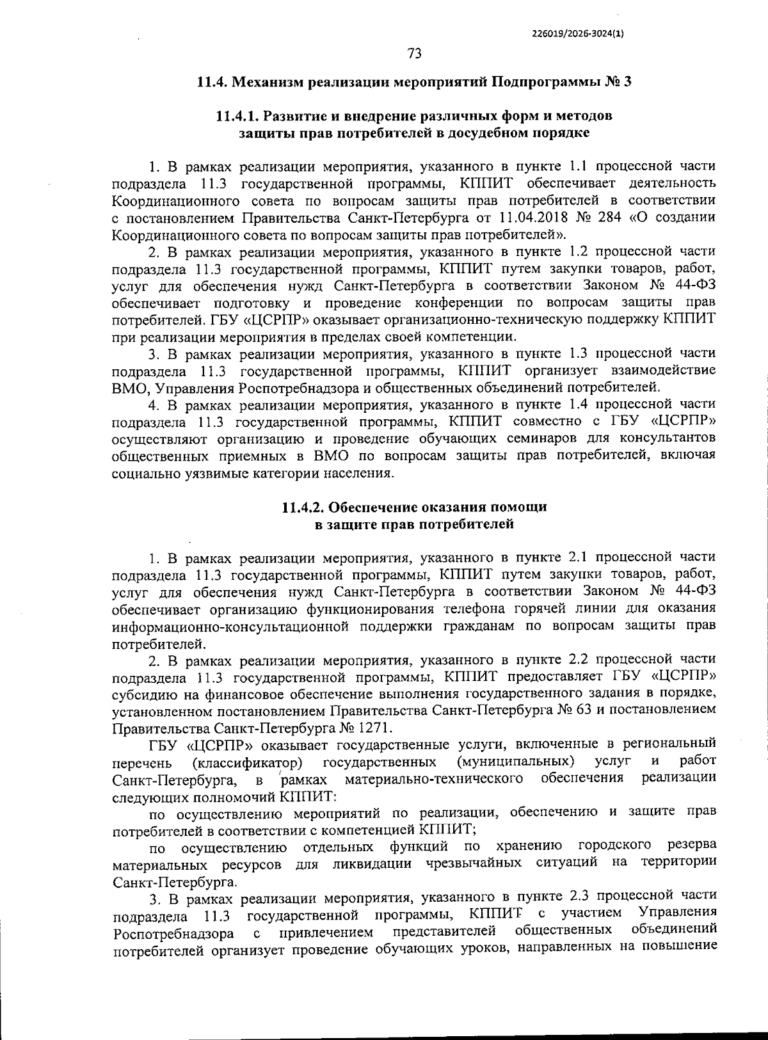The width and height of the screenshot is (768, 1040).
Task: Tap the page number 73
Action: tap(414, 54)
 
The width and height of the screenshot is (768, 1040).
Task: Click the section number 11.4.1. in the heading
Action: tap(237, 116)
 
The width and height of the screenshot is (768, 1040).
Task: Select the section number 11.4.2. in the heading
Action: tap(303, 508)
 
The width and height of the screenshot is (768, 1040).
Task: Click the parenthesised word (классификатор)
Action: tap(248, 762)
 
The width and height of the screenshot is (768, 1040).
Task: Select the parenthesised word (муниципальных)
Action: tap(516, 762)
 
